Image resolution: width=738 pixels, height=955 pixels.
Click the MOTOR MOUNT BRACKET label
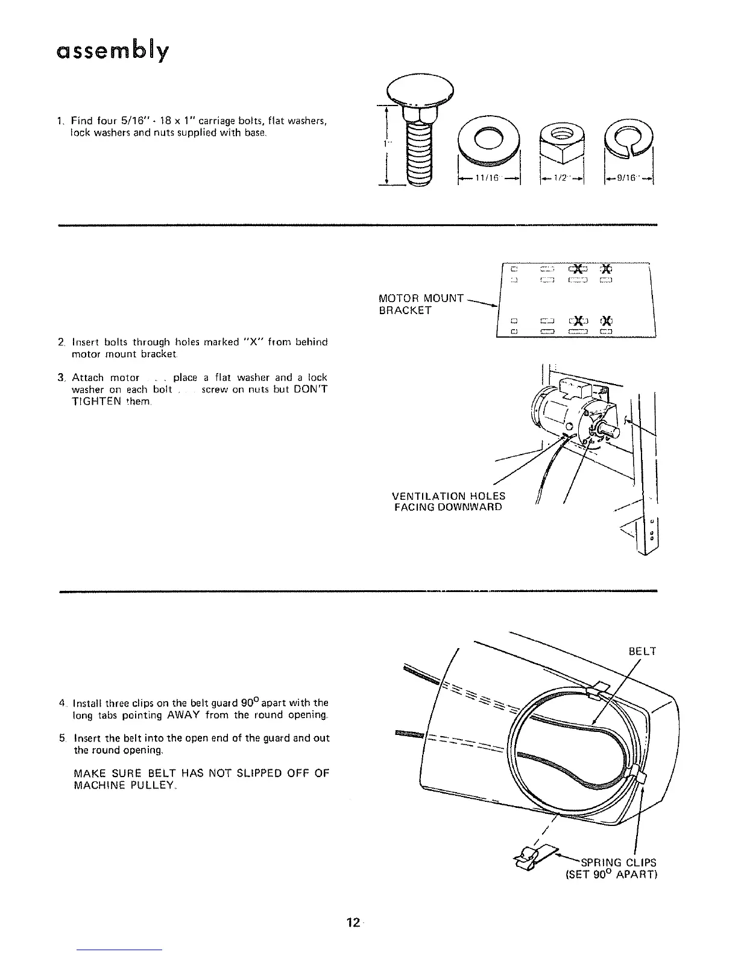coord(420,304)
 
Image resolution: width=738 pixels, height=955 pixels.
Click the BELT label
coord(642,651)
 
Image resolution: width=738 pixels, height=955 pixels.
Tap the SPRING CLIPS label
coord(618,862)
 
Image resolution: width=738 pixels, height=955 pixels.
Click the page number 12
coord(353,922)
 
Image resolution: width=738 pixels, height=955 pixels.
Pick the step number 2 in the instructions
coord(62,342)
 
